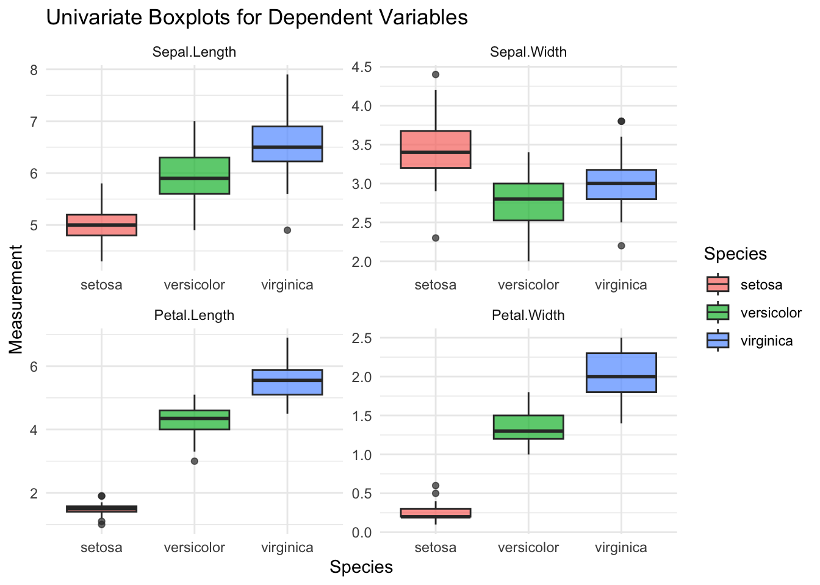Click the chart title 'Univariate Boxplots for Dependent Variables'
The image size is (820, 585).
click(257, 18)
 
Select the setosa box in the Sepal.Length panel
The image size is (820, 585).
click(101, 225)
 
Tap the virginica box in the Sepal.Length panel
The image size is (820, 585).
click(287, 144)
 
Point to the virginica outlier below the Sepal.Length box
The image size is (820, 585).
click(287, 230)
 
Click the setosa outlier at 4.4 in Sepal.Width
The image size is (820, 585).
click(436, 75)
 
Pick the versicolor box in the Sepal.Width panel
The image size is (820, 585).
click(528, 202)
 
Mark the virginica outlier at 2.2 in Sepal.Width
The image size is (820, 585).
click(621, 246)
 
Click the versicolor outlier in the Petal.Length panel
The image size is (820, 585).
click(194, 461)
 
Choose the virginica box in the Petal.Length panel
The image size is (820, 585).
click(287, 382)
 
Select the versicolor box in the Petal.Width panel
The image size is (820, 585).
click(528, 427)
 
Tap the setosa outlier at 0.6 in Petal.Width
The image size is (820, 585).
click(436, 486)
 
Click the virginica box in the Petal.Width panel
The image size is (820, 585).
click(621, 373)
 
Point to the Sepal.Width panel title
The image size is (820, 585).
click(528, 52)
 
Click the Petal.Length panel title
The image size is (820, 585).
click(194, 316)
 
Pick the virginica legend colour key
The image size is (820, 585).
click(718, 341)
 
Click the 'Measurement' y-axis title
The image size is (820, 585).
click(16, 299)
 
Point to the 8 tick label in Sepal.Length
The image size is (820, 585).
click(34, 70)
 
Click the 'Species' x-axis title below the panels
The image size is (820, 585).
click(361, 567)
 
